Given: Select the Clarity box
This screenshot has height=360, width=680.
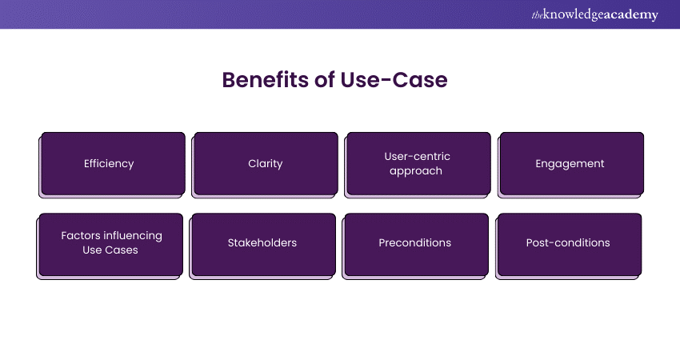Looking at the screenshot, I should (266, 164).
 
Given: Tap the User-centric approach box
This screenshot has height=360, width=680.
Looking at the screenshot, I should (417, 164).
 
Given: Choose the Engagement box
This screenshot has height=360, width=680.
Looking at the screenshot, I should (570, 164).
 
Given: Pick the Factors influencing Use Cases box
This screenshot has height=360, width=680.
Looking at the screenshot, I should (111, 243).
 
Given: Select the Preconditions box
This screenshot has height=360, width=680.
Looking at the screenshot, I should (415, 243).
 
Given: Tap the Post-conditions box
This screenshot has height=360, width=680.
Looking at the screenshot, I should (568, 243).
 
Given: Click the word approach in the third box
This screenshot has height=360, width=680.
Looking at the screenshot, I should (416, 171).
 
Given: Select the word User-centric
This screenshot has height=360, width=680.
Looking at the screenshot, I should (417, 157).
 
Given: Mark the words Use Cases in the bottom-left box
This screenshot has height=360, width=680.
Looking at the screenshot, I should (111, 250).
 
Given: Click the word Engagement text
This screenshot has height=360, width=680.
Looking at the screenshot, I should (570, 164).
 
